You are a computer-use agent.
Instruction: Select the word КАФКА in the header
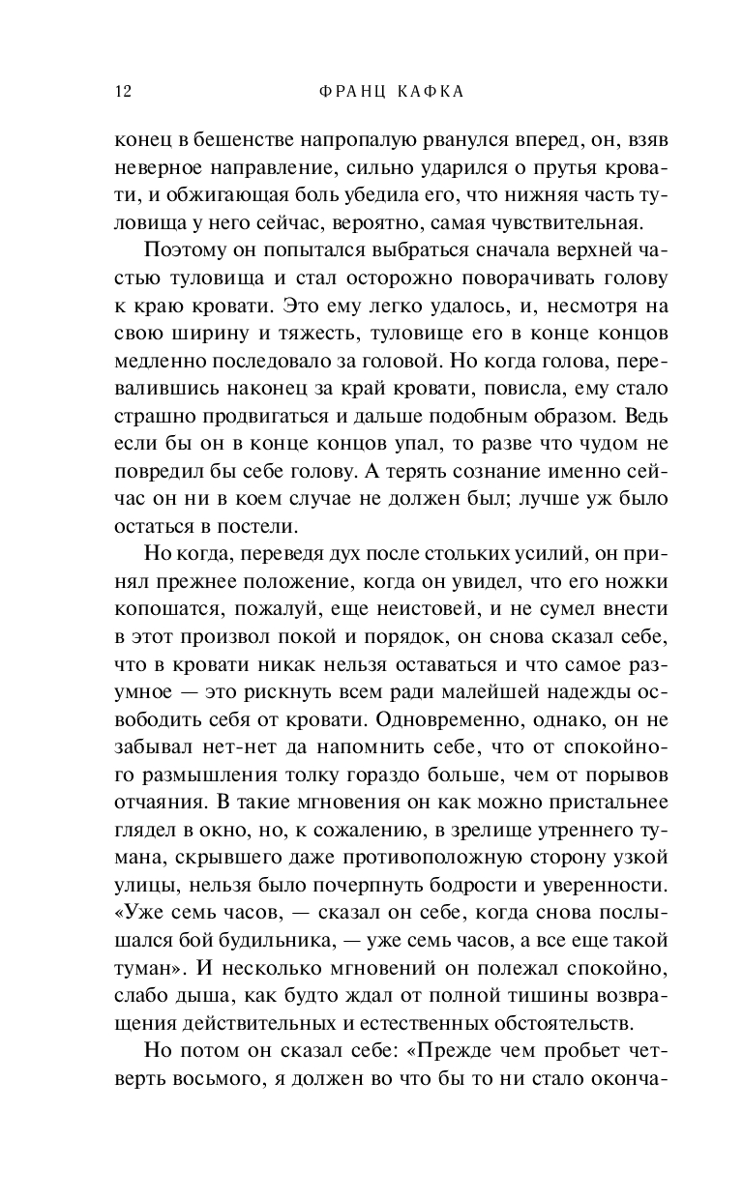tap(426, 92)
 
